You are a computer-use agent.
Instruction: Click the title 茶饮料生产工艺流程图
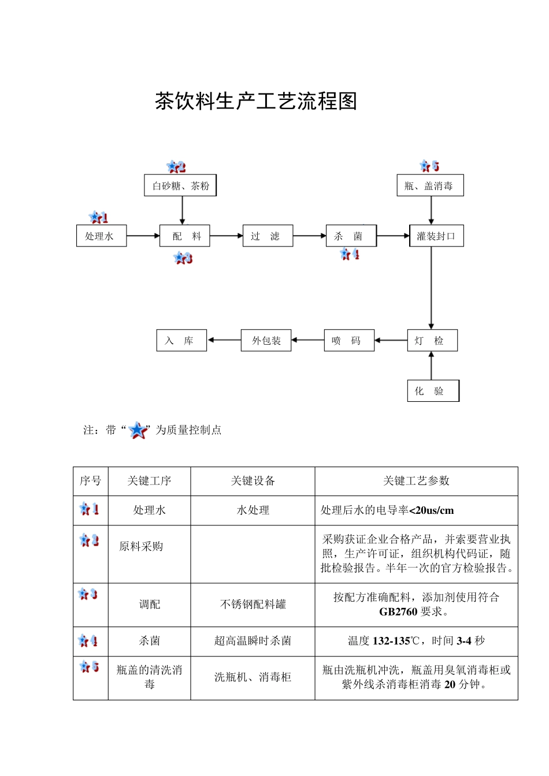point(256,101)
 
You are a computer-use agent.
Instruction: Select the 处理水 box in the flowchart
point(101,236)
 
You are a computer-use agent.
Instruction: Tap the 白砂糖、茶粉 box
point(180,185)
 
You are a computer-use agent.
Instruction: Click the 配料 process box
point(185,236)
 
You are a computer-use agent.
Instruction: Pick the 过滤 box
point(268,236)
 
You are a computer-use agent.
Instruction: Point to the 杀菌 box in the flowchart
point(351,236)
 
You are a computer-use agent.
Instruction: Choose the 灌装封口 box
point(436,236)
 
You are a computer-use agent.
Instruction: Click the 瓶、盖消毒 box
point(430,185)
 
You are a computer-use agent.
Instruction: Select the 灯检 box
point(432,341)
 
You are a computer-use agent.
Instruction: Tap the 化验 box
point(433,391)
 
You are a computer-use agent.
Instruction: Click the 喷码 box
point(349,341)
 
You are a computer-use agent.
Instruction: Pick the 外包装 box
point(266,341)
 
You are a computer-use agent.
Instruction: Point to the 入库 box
point(181,341)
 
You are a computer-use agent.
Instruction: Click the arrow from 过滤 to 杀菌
point(309,236)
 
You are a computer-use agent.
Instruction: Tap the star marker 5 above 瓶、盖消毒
point(429,166)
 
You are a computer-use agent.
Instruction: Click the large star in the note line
point(138,430)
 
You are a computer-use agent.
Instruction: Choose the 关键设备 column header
point(253,481)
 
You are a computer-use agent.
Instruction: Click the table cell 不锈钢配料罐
point(253,605)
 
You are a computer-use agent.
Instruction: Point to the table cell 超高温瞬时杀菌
point(253,641)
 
